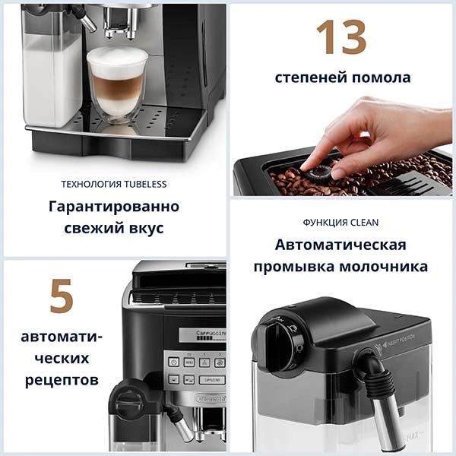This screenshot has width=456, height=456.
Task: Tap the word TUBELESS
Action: [x=143, y=184]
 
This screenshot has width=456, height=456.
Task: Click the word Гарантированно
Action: [x=114, y=207]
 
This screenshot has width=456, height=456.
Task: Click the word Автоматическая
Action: [x=340, y=245]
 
